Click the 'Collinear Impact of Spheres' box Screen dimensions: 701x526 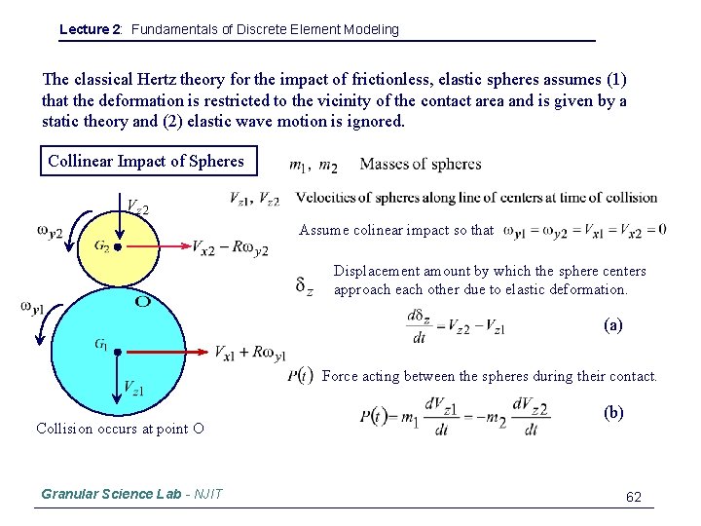coord(148,161)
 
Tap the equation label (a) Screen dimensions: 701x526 coord(613,326)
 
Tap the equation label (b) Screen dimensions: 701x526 coord(614,412)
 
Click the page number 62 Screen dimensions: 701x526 coord(634,497)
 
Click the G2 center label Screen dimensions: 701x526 coord(101,245)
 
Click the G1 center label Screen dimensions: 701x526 coord(100,343)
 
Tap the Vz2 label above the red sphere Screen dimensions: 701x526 coord(137,206)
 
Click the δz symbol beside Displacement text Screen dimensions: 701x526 coord(305,285)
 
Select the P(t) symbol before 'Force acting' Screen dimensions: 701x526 coord(300,376)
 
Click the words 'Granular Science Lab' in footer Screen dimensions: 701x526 coord(111,494)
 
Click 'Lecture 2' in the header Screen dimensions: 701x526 coord(91,29)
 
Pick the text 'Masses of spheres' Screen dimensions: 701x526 coord(420,164)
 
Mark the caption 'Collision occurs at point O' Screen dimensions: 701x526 coord(120,428)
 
